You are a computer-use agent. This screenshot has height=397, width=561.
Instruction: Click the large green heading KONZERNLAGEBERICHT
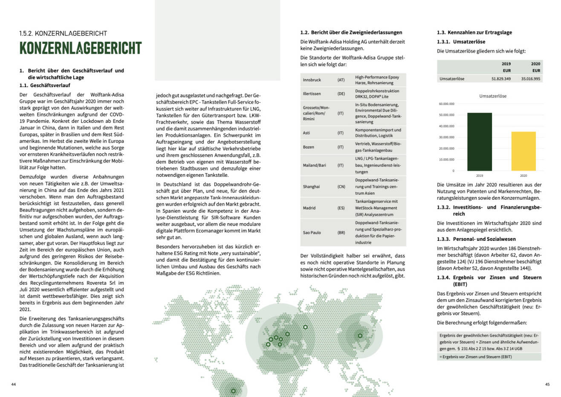81,48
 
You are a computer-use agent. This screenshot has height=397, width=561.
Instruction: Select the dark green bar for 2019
480,142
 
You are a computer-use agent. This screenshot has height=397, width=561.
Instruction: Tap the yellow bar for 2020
523,151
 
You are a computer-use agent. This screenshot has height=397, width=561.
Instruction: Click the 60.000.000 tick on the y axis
446,104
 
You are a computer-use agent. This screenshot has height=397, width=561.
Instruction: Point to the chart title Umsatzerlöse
492,96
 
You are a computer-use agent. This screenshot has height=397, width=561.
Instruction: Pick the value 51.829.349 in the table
501,79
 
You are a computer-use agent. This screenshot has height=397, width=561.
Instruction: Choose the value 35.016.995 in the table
530,79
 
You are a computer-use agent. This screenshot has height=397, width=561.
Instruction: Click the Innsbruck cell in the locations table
312,80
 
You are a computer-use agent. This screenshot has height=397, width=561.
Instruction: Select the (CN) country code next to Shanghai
341,187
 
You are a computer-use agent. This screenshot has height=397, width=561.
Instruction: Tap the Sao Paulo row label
312,233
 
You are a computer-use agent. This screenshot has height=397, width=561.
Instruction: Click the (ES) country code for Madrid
341,208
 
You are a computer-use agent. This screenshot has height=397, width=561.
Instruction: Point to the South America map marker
233,391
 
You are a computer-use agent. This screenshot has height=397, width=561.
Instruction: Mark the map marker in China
360,336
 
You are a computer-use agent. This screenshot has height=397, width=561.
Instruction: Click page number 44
14,385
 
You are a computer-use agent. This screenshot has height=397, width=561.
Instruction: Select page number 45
547,385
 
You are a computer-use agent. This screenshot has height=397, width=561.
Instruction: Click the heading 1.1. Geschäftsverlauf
45,85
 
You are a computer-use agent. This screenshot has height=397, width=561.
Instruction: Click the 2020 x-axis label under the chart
523,175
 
